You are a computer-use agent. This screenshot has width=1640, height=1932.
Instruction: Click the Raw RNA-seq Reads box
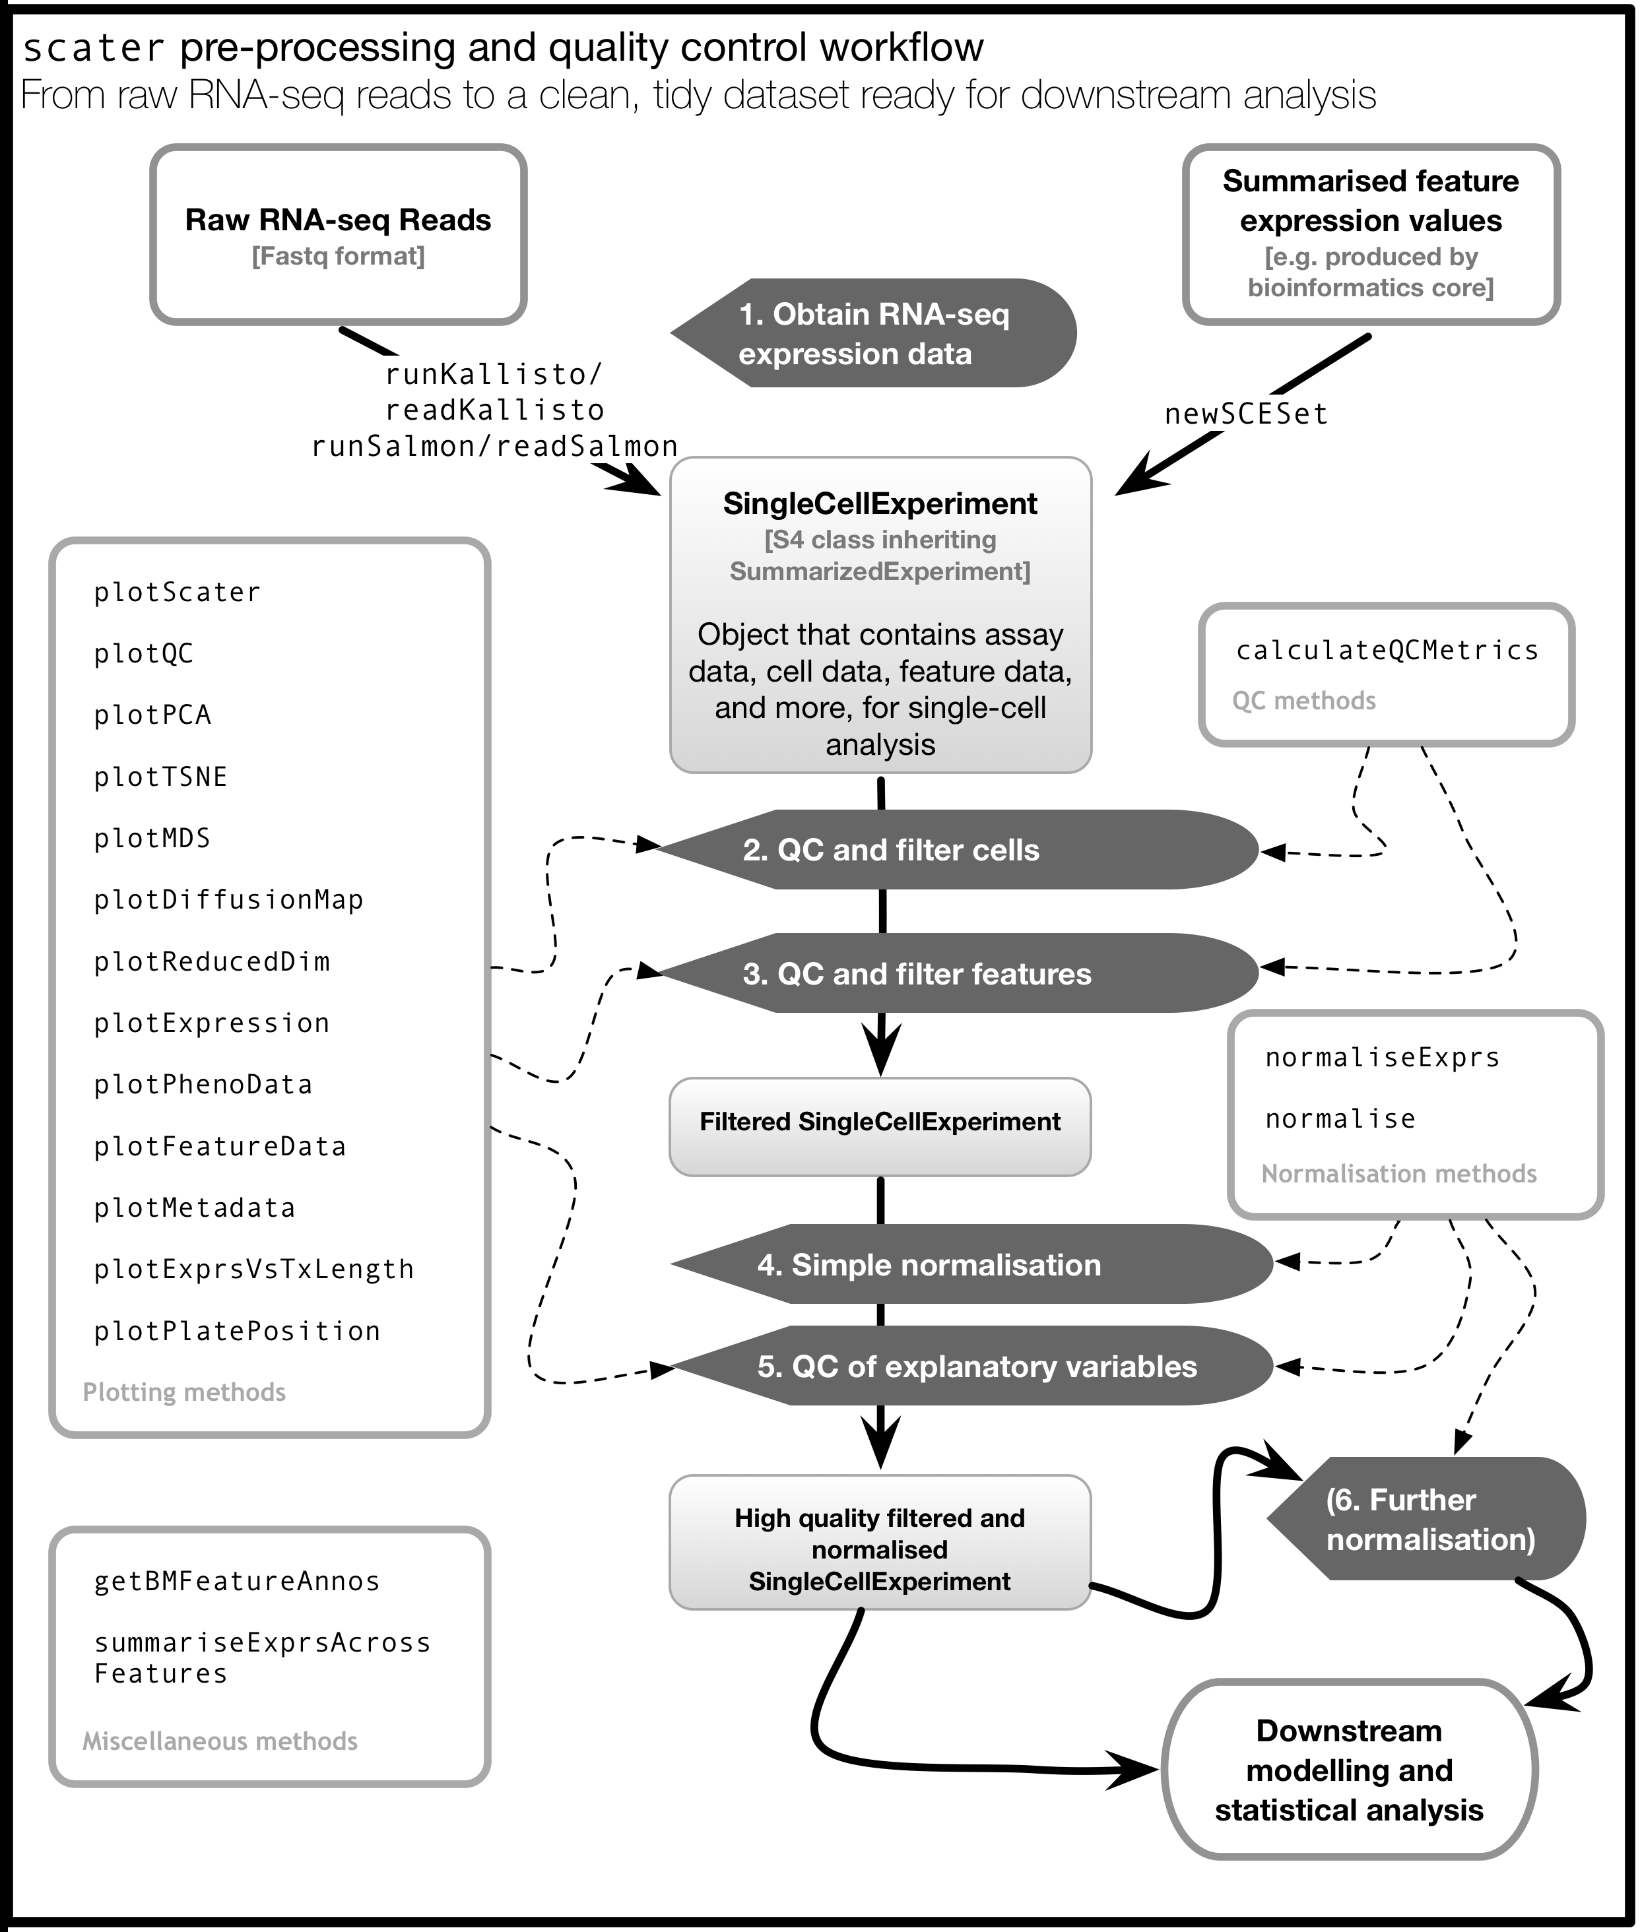click(x=339, y=234)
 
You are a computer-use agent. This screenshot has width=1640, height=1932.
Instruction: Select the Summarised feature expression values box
click(x=1371, y=234)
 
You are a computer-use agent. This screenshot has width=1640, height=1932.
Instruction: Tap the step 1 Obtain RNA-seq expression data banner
click(x=874, y=333)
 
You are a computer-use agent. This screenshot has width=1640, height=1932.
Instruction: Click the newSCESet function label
click(x=1246, y=414)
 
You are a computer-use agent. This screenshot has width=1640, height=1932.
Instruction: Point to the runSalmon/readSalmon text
click(x=494, y=446)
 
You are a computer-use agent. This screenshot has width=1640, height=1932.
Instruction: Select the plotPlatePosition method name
click(x=237, y=1331)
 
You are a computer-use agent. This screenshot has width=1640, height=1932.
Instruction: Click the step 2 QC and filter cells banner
click(x=958, y=849)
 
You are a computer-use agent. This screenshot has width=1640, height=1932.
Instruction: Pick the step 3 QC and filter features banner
click(x=958, y=973)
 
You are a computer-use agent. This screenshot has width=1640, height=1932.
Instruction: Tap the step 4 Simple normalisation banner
click(x=971, y=1264)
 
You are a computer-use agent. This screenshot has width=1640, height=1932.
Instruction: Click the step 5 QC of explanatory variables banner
click(x=971, y=1366)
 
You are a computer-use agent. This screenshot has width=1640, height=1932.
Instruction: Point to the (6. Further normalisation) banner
click(x=1427, y=1518)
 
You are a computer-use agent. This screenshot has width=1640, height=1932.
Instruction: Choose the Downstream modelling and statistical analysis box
click(x=1350, y=1770)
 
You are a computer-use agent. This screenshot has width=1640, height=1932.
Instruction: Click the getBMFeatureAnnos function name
click(x=237, y=1581)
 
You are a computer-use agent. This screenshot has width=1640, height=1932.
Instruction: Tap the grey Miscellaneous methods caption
click(x=220, y=1741)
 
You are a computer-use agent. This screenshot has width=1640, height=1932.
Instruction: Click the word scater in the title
click(x=93, y=48)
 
